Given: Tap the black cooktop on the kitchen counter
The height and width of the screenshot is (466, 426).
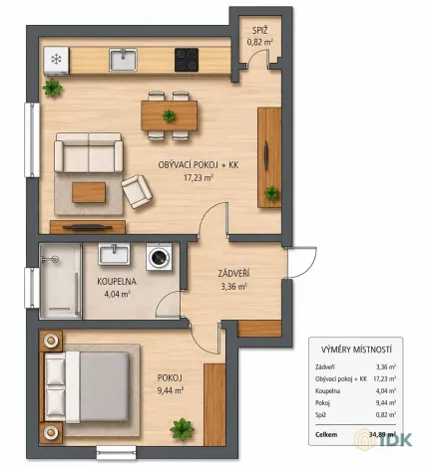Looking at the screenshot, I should pyautogui.click(x=187, y=60).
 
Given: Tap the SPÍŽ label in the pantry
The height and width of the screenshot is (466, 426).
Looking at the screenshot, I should pyautogui.click(x=259, y=31).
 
